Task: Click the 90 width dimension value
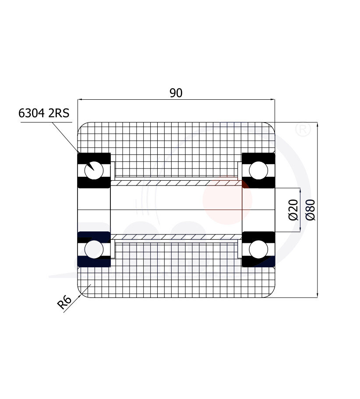click(x=176, y=93)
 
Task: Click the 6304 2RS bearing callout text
click(x=44, y=113)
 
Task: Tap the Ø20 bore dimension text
click(x=293, y=210)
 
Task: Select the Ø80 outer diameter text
click(x=311, y=210)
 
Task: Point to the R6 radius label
click(x=65, y=302)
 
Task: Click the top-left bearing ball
click(x=94, y=170)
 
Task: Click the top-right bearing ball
click(x=258, y=170)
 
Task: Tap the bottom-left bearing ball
click(x=94, y=249)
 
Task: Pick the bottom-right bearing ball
click(x=258, y=249)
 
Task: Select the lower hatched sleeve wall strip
click(x=176, y=237)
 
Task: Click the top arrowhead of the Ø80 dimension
click(x=317, y=125)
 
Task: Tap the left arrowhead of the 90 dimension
click(x=80, y=100)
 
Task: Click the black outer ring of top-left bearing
click(x=94, y=157)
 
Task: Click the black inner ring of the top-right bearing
click(x=258, y=184)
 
